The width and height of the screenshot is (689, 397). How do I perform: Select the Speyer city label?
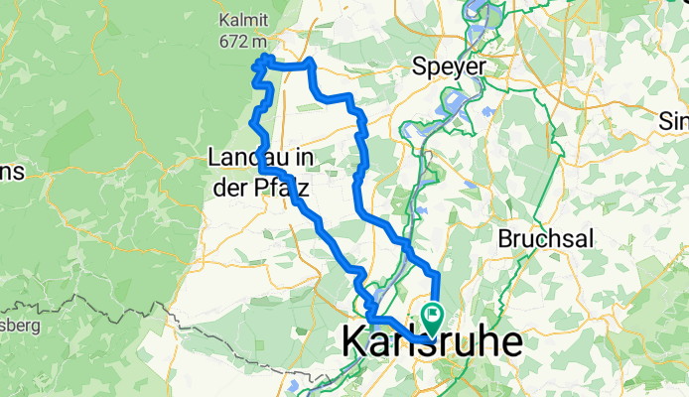[x=450, y=66]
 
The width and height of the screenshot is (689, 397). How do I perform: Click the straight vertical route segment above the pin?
[x=435, y=288]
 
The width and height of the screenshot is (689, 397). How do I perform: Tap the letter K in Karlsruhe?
[x=355, y=340]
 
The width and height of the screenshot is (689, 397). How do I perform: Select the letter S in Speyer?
[x=421, y=66]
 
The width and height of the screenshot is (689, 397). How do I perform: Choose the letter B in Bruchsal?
[x=504, y=239]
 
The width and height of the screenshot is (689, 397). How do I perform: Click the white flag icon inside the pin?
[x=433, y=316]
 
